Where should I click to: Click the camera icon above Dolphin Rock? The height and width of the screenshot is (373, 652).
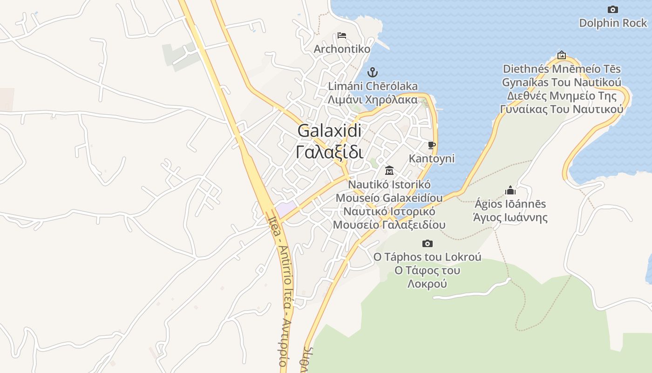613,9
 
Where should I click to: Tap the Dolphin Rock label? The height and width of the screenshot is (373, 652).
613,23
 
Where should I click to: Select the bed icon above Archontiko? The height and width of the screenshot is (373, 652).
342,35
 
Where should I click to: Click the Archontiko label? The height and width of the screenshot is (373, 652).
342,49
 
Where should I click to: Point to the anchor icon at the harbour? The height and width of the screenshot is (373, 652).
372,72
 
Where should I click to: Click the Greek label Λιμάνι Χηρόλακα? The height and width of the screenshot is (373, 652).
373,99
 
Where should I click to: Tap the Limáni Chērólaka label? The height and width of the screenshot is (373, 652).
373,86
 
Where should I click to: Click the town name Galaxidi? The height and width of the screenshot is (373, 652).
329,131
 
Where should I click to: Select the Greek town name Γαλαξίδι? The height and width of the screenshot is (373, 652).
329,152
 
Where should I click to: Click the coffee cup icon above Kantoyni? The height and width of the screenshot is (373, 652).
432,145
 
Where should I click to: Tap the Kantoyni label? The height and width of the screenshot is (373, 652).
432,159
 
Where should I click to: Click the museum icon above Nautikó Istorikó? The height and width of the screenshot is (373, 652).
389,170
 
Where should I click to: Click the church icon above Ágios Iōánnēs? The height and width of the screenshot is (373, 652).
510,190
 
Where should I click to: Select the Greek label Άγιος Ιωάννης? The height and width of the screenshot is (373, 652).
510,217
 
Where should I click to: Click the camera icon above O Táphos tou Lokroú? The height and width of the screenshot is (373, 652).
427,243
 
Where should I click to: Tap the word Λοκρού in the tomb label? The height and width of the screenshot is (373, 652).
427,283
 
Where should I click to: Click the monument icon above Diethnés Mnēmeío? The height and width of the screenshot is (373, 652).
562,55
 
